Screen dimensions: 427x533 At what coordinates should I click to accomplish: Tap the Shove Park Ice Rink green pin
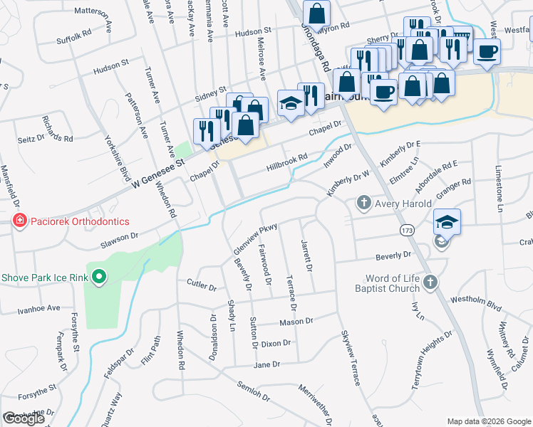tap(99, 276)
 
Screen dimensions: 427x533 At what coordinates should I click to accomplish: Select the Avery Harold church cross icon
tap(363, 204)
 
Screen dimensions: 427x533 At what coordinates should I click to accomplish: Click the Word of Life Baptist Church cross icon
tap(430, 283)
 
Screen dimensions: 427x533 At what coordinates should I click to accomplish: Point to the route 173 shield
tap(408, 231)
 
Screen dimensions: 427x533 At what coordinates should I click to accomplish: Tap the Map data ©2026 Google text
tap(488, 421)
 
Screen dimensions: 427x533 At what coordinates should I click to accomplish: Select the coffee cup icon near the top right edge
tap(487, 51)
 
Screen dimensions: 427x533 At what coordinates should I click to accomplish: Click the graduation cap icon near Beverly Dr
tap(447, 222)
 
